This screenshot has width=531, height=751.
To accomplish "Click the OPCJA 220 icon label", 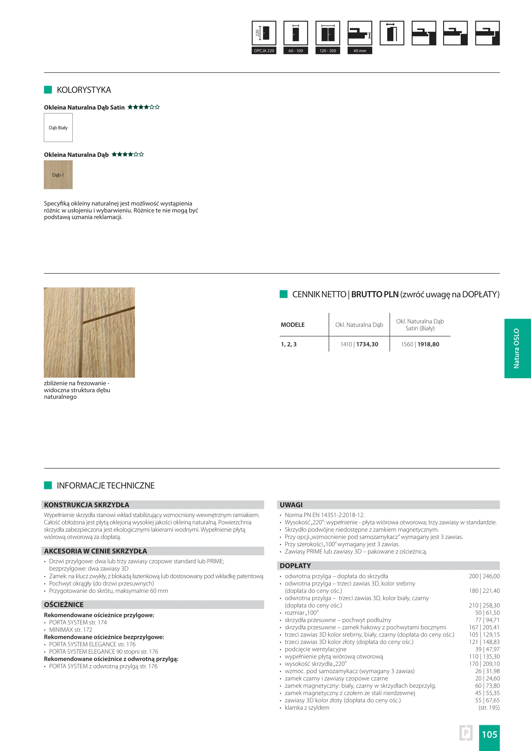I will click(264, 51).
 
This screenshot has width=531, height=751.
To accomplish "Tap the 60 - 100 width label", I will click(296, 51).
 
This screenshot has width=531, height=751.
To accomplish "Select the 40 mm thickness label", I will click(360, 51).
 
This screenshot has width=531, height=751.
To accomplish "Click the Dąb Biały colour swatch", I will click(58, 128).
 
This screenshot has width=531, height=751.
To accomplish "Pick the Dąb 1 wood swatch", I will click(58, 175).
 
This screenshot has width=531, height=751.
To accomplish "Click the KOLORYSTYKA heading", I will click(84, 90).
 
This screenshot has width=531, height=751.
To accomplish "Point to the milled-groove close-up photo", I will click(89, 332).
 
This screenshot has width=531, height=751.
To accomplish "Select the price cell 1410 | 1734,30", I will click(359, 344).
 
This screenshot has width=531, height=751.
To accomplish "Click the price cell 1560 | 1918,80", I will click(420, 344).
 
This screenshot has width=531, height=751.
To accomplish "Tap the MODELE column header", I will click(293, 325).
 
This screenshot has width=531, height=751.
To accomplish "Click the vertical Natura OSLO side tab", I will click(517, 348).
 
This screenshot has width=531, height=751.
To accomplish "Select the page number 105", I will click(489, 735).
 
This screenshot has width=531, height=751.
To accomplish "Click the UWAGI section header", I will click(291, 505).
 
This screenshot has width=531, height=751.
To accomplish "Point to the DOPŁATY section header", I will click(295, 566).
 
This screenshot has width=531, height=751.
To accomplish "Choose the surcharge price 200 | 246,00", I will click(484, 576).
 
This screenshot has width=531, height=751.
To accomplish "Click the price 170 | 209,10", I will click(484, 664).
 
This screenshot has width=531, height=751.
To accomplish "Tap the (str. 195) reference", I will click(489, 708).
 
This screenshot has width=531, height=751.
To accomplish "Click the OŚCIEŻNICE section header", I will click(64, 605).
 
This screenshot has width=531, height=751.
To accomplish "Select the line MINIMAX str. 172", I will click(71, 630).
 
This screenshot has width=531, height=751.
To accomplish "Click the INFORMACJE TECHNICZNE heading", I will click(106, 486).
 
